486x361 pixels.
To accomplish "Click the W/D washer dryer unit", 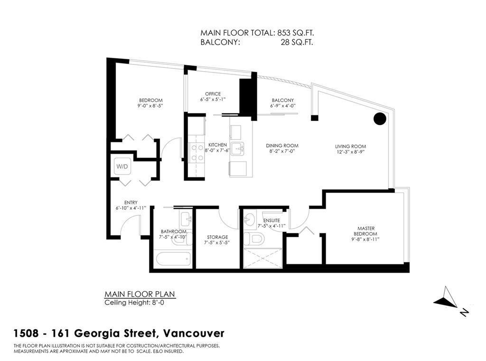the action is pyautogui.click(x=122, y=167).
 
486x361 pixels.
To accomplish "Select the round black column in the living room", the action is pyautogui.click(x=379, y=119).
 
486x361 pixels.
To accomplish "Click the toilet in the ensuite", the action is pyautogui.click(x=254, y=239).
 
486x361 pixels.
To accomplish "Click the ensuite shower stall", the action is pyautogui.click(x=263, y=258).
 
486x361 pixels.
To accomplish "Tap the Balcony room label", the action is pyautogui.click(x=283, y=101).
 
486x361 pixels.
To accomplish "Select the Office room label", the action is pyautogui.click(x=213, y=94).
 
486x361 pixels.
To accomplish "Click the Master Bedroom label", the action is pyautogui.click(x=366, y=231).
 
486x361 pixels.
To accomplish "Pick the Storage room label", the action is pyautogui.click(x=217, y=237).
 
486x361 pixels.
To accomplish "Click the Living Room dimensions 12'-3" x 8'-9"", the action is pyautogui.click(x=351, y=152).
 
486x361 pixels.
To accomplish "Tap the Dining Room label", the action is pyautogui.click(x=282, y=146).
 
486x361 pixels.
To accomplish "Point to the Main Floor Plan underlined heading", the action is pyautogui.click(x=140, y=294).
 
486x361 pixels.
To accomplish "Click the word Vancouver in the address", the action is pyautogui.click(x=194, y=334).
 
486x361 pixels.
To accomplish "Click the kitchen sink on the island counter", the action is pyautogui.click(x=238, y=149).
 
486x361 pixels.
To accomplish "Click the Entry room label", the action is pyautogui.click(x=131, y=203).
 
